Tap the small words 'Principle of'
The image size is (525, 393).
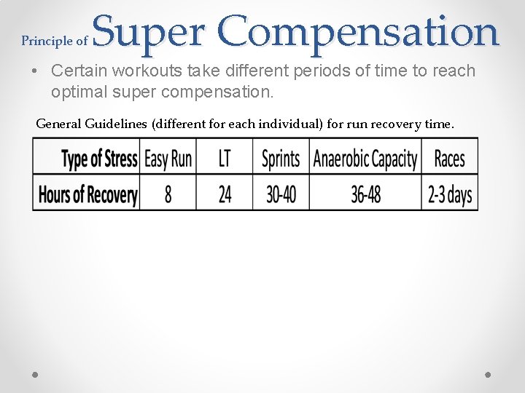(55, 41)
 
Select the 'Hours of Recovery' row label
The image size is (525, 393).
(87, 194)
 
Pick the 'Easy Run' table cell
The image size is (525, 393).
(168, 159)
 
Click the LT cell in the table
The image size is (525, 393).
(225, 159)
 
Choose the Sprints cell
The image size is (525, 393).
(281, 159)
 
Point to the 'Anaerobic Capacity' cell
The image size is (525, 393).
(365, 159)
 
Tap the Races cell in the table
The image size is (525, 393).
(449, 159)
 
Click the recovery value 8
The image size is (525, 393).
(168, 194)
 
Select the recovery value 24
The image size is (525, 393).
(225, 194)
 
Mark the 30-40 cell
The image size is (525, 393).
(281, 194)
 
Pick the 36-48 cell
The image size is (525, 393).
(365, 194)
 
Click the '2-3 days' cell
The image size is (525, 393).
(449, 194)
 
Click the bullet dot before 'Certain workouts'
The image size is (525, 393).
(34, 71)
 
